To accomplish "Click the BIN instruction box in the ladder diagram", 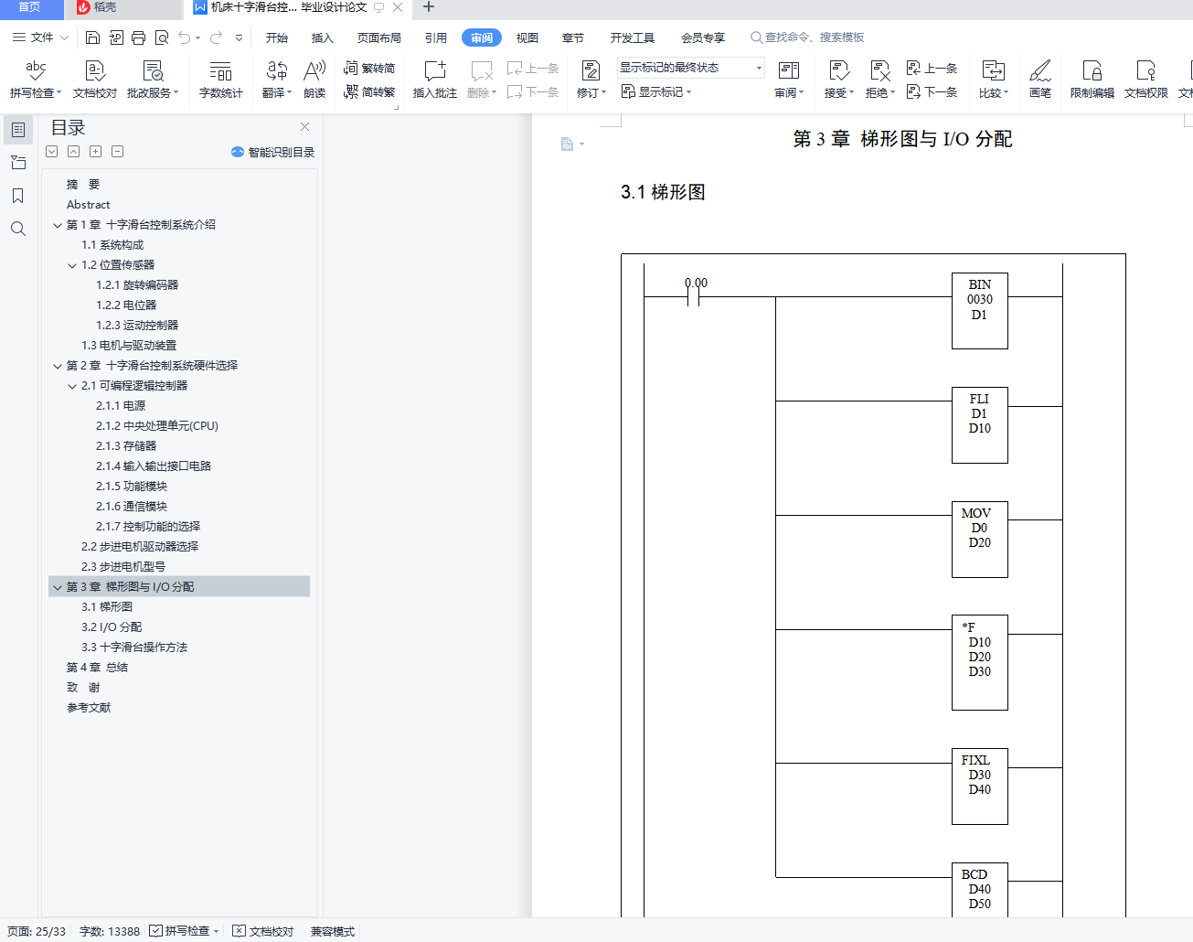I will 979,310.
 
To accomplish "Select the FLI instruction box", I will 979,424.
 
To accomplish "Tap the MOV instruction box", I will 979,539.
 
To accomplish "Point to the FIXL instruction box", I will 979,786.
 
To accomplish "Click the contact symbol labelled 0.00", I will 694,296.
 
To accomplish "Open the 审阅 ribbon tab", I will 482,37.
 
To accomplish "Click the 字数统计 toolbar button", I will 220,80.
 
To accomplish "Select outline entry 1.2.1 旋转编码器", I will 137,285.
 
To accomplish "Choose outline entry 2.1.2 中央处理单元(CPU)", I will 156,426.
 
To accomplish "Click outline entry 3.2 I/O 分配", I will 111,627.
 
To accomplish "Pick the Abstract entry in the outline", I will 88,205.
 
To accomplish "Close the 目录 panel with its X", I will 304,127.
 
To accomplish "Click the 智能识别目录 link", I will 273,153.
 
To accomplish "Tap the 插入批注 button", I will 435,80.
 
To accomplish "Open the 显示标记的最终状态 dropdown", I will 690,68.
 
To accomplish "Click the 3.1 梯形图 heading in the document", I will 663,192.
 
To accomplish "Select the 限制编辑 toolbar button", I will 1092,80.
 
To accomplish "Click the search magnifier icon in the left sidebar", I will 18,229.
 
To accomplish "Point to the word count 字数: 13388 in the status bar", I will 110,931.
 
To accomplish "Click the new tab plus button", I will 428,7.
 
